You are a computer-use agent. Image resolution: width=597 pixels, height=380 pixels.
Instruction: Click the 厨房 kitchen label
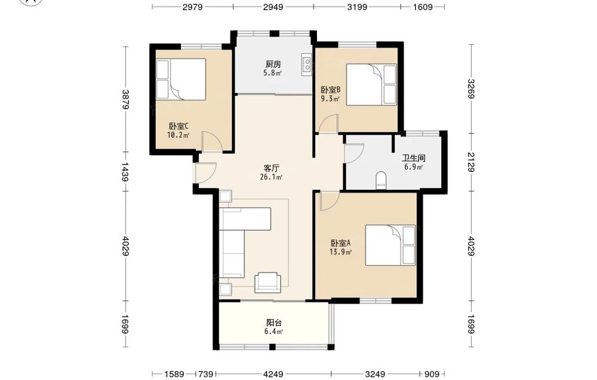point(273,64)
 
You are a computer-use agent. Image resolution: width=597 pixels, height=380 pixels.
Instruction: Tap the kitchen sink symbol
point(306,64)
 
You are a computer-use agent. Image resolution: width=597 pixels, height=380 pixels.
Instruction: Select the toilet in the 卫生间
point(381,181)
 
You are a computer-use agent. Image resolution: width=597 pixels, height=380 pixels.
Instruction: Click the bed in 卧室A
point(390,245)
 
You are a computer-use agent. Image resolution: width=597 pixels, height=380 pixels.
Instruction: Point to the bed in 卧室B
point(371,84)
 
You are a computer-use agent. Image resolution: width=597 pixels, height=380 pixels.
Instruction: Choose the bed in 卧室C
point(181,79)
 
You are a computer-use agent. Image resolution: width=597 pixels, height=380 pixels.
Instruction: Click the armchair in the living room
point(268,282)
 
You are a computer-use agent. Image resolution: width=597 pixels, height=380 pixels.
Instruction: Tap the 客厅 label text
point(272,168)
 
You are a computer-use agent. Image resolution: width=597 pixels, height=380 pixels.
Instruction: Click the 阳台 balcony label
point(274,323)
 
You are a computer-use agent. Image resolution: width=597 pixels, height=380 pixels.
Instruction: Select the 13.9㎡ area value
point(340,251)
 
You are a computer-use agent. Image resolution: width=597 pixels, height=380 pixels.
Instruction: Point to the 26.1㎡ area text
point(271,177)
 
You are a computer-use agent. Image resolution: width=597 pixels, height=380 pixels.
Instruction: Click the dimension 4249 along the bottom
point(273,374)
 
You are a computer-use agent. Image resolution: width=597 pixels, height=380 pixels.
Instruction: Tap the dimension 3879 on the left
point(125,99)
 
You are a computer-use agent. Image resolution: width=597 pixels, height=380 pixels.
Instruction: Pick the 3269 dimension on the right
point(471,89)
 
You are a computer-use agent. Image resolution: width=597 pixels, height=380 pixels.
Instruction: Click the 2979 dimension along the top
point(193,7)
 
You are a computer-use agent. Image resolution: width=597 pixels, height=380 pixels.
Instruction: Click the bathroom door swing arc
point(354,154)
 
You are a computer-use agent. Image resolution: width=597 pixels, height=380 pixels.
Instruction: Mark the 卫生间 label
point(414,158)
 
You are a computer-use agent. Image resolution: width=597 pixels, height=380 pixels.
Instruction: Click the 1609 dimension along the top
point(423,7)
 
